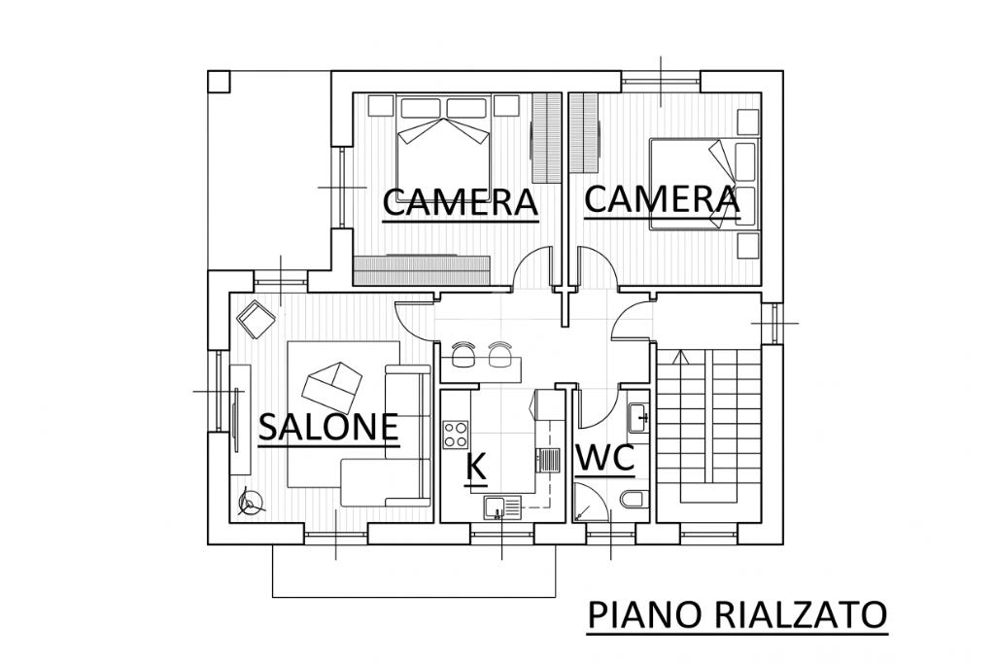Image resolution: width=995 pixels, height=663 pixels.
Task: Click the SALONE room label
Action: [x=328, y=428]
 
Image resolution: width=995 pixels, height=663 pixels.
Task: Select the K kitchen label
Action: [x=476, y=466]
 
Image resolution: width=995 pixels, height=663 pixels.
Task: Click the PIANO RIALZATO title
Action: [x=737, y=614]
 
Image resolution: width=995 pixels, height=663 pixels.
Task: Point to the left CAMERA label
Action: [x=460, y=202]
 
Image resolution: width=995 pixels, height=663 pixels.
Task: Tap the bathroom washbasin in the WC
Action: [x=638, y=417]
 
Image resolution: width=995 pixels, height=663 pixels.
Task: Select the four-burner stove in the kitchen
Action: [x=456, y=435]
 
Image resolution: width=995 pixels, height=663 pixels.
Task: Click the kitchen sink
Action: [x=501, y=508]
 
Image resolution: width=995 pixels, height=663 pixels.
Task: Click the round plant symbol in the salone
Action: [x=252, y=504]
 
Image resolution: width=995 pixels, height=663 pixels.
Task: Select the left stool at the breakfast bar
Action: [x=463, y=354]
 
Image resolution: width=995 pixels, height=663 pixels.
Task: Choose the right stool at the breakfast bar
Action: [x=500, y=354]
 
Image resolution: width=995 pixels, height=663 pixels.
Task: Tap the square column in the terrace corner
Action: [x=219, y=82]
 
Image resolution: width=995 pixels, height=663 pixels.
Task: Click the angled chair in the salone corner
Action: [x=257, y=320]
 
